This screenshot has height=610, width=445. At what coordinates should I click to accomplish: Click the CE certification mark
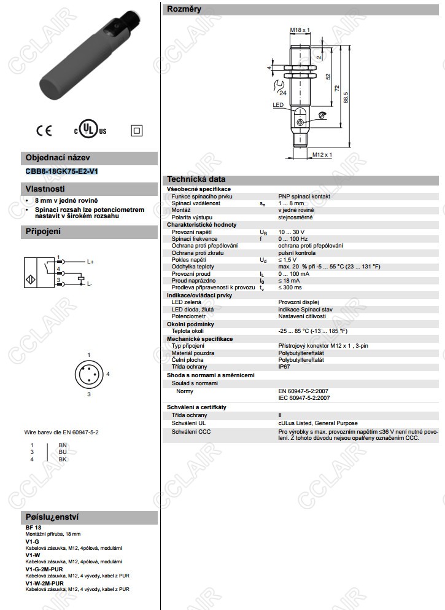click(44, 130)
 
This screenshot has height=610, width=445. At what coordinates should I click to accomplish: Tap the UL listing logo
click(90, 130)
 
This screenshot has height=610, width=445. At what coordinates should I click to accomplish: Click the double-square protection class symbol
click(136, 130)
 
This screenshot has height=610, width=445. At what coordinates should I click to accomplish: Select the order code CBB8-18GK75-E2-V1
click(62, 171)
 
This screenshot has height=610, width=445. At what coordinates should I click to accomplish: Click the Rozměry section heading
click(184, 9)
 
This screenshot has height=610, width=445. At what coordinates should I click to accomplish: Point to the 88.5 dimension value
click(346, 97)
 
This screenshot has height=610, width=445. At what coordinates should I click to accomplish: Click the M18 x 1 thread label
click(300, 29)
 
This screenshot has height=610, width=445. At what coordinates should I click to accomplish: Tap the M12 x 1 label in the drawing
click(322, 154)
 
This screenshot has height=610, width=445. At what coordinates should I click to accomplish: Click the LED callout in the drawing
click(278, 106)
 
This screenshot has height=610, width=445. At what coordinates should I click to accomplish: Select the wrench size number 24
click(282, 92)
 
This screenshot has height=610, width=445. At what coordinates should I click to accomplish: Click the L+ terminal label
click(90, 262)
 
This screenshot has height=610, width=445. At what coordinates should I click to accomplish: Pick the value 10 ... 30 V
click(292, 232)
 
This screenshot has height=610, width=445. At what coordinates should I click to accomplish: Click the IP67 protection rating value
click(284, 367)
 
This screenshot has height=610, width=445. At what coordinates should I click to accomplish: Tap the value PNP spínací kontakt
click(304, 196)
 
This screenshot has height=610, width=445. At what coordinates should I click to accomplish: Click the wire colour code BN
click(63, 445)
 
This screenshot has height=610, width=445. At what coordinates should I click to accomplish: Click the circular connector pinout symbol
click(88, 374)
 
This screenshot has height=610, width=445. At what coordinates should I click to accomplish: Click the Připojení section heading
click(43, 232)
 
